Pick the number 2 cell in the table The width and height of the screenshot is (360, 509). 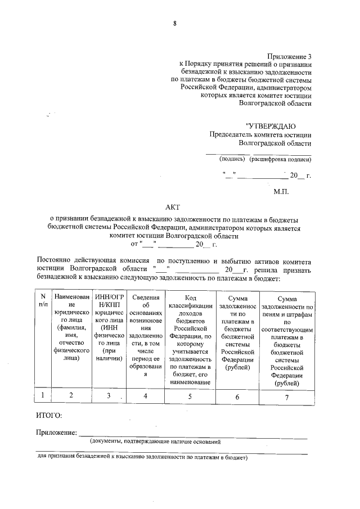coord(71,395)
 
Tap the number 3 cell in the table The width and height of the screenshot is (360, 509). coord(109,395)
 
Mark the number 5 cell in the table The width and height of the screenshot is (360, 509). coord(190,395)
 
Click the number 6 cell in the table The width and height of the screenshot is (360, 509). coord(237,396)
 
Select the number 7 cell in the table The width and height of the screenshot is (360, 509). coord(286,396)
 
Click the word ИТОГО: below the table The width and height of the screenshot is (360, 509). coord(49,416)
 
